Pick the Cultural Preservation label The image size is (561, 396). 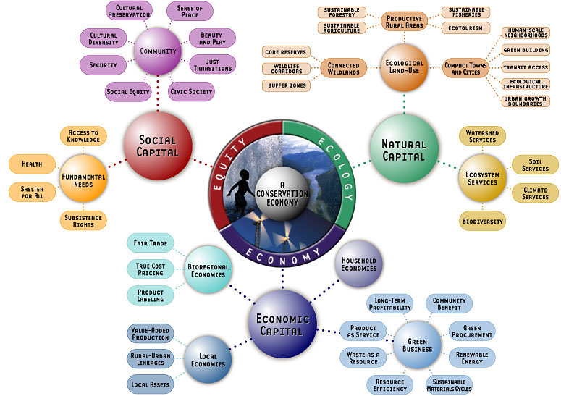[x=129, y=12]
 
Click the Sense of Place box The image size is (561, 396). [x=190, y=12]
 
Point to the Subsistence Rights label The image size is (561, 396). [x=84, y=219]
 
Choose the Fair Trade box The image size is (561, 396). [x=147, y=243]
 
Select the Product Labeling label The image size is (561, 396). [x=150, y=295]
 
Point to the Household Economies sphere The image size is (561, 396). [x=358, y=264]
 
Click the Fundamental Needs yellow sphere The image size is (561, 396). [x=83, y=177]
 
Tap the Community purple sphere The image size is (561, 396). [x=158, y=51]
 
